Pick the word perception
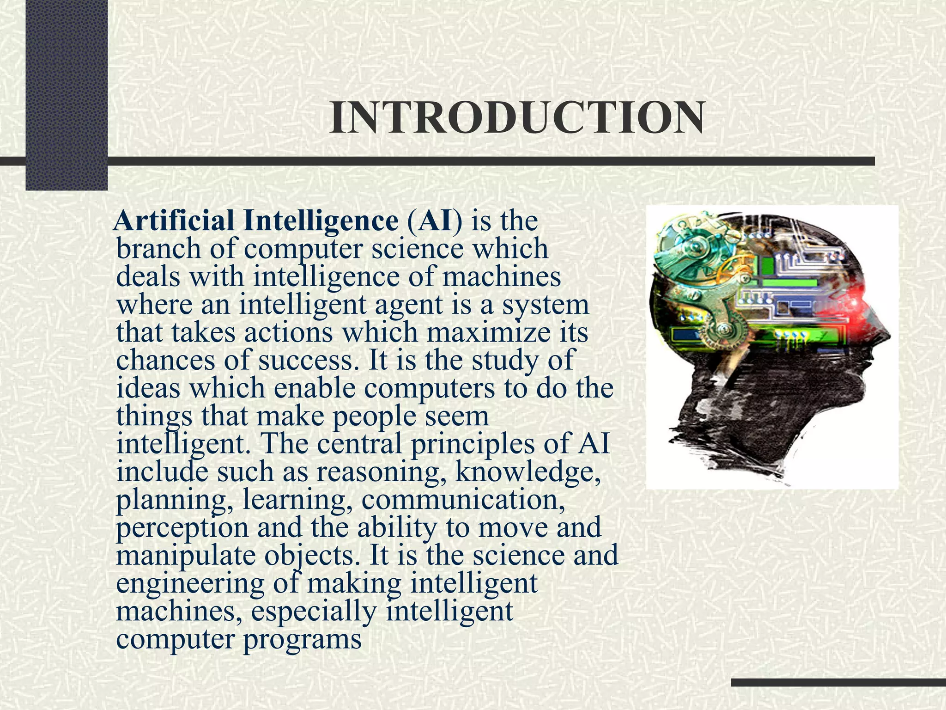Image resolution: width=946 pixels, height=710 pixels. click(182, 527)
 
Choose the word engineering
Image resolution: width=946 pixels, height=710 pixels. click(190, 583)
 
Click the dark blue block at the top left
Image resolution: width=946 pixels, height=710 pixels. click(66, 92)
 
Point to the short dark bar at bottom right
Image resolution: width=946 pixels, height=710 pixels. click(838, 682)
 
